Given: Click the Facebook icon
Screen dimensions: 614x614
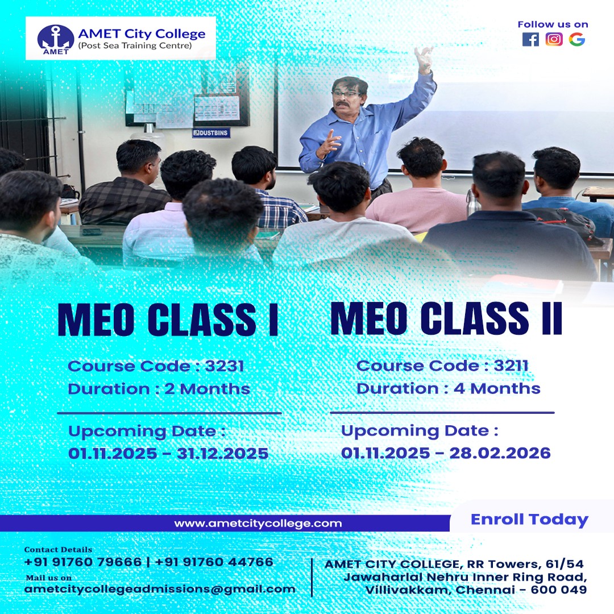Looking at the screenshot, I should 530,39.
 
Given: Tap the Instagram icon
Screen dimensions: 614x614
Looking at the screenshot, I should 554,39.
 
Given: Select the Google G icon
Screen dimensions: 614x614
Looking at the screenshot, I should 577,39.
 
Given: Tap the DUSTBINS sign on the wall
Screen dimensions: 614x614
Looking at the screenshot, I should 211,133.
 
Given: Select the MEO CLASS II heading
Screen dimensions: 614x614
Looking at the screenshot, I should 446,319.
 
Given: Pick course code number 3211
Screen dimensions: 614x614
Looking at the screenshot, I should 511,366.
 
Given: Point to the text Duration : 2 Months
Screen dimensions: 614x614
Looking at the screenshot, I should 159,389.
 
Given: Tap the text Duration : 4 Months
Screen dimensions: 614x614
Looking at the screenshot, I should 448,388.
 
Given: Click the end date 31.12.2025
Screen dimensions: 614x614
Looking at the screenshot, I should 222,454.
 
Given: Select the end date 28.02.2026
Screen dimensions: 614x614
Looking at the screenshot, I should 500,453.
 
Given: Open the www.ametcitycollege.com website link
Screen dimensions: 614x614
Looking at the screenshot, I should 258,523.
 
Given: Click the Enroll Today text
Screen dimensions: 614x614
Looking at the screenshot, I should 529,520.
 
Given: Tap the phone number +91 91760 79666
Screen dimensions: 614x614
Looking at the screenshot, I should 83,562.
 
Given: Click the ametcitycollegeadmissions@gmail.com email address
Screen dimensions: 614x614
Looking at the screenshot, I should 160,589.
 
